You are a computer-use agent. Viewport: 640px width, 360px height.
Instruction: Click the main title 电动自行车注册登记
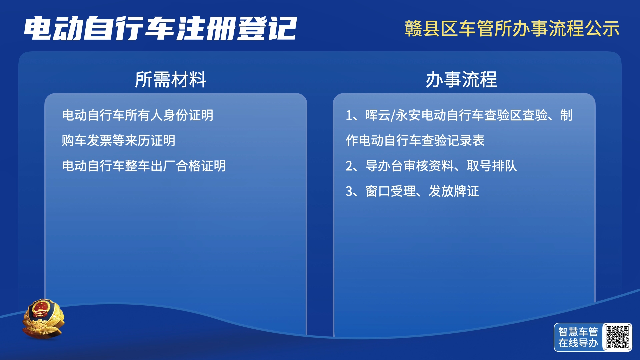click(x=160, y=29)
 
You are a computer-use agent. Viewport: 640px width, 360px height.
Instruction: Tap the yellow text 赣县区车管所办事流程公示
click(x=512, y=28)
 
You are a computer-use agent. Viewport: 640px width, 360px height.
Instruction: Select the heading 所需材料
click(x=171, y=80)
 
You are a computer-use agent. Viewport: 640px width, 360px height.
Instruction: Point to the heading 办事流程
click(x=461, y=80)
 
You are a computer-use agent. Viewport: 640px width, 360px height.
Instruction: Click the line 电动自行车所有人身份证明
click(x=138, y=115)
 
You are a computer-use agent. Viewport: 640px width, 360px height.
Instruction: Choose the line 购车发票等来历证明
click(x=119, y=141)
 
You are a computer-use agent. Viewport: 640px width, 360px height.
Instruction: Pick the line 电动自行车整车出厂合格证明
click(x=144, y=166)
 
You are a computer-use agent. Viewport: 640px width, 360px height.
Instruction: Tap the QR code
click(x=618, y=337)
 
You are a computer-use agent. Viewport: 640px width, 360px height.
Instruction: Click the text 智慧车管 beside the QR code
click(x=578, y=332)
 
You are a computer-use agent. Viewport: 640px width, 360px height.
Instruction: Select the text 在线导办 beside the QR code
click(x=578, y=343)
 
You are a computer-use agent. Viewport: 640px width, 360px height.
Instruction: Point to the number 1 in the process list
click(x=349, y=116)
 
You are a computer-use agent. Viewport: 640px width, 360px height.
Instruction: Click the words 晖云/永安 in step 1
click(x=393, y=115)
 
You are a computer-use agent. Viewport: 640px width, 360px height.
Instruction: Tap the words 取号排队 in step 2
click(x=492, y=166)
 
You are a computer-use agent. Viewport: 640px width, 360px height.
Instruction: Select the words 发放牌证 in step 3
click(x=454, y=191)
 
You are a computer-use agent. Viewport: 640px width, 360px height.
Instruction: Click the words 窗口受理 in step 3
click(x=391, y=191)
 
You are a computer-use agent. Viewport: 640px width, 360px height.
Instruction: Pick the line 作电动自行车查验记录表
click(x=415, y=141)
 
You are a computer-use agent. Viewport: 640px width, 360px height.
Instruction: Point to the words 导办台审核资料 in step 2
click(x=410, y=166)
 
